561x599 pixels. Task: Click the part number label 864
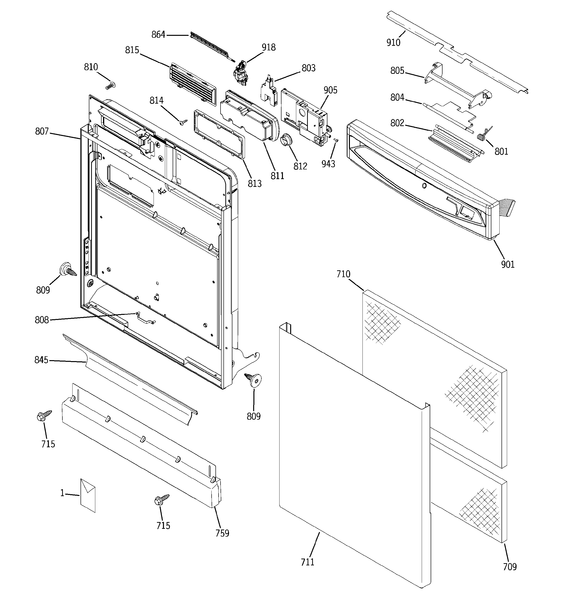[158, 35]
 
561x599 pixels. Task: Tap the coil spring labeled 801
[483, 135]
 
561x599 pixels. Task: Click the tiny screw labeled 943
[337, 140]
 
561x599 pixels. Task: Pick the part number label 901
[508, 264]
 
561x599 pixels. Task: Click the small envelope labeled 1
[88, 496]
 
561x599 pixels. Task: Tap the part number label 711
[307, 562]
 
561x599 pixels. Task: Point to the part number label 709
[510, 567]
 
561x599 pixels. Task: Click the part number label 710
[343, 274]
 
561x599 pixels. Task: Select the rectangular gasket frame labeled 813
[220, 134]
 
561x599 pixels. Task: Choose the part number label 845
[41, 360]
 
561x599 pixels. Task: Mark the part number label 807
[42, 131]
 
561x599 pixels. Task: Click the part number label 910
[393, 43]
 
